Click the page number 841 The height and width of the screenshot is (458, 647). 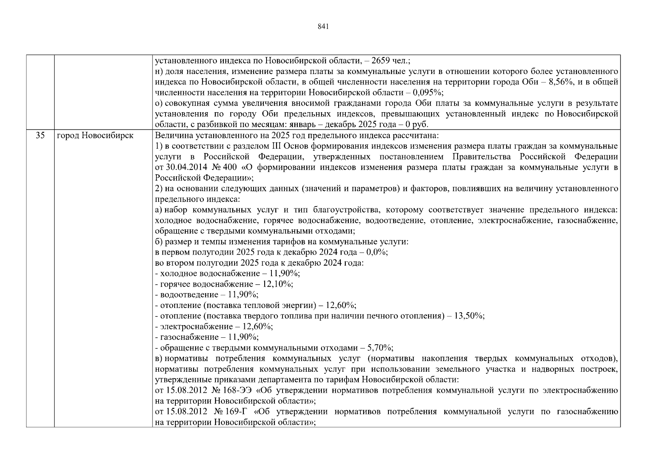coord(323,26)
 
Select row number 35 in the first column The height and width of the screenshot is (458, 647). coord(40,135)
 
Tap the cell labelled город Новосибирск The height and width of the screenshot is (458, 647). coord(95,135)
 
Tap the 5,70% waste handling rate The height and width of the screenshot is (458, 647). coord(379,348)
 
